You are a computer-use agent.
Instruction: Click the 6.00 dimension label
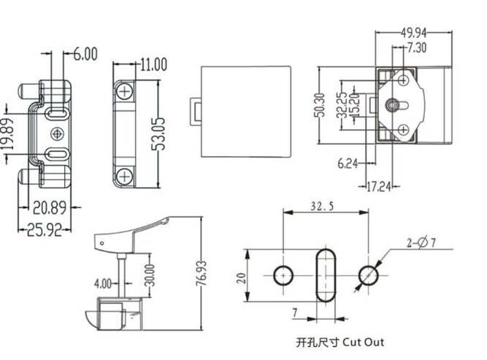point(85,53)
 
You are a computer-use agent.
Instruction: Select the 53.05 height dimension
point(158,134)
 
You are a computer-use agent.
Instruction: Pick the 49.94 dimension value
point(414,33)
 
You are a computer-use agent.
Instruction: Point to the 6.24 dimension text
point(348,164)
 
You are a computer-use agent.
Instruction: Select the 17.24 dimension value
point(377,186)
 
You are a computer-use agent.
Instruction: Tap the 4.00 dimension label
point(104,282)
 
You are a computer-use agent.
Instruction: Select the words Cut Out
point(361,341)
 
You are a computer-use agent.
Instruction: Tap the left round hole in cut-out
point(284,275)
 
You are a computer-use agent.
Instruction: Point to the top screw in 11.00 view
point(125,91)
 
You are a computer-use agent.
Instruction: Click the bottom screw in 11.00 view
point(125,175)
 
